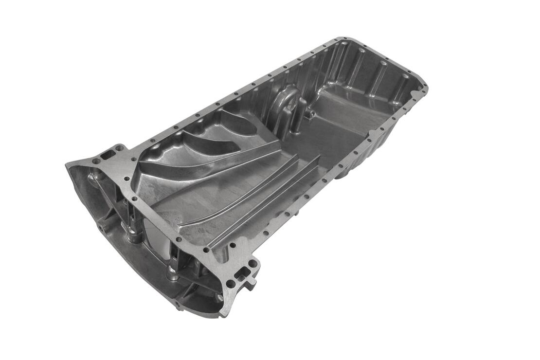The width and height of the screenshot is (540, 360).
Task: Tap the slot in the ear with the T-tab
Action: [x=242, y=273]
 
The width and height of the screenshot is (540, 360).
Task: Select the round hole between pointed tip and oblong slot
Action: [x=96, y=161]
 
